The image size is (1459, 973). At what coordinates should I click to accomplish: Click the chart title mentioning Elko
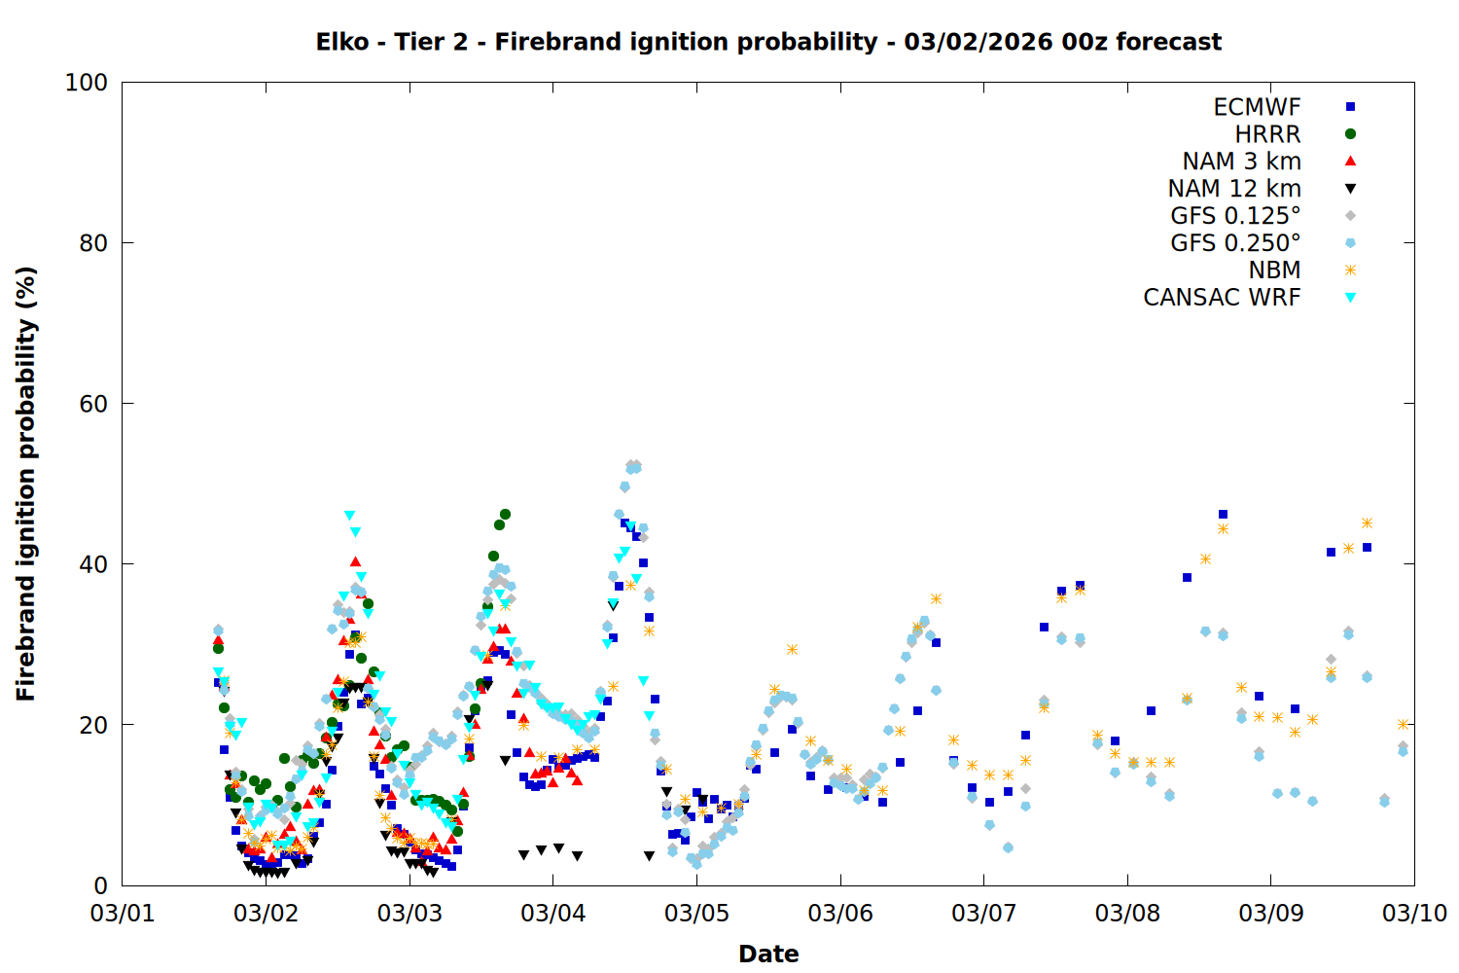click(768, 42)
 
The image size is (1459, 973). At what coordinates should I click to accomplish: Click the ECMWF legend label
click(1257, 107)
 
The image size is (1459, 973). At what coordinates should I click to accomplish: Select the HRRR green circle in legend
click(1350, 134)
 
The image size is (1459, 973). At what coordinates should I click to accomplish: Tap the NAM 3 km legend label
click(1241, 162)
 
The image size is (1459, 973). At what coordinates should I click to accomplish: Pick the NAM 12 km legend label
click(1234, 189)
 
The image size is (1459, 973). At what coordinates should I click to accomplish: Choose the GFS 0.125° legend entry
click(1235, 216)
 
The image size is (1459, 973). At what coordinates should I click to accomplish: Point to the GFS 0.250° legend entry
click(1235, 243)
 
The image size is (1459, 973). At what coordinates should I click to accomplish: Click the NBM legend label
click(1274, 270)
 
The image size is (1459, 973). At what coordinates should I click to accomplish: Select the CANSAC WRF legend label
click(1222, 298)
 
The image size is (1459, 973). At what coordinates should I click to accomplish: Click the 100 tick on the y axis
click(87, 83)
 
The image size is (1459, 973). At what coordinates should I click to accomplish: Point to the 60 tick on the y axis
click(93, 404)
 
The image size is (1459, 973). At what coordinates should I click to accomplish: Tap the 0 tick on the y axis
click(100, 885)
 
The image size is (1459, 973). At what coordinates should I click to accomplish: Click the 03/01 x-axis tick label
click(123, 914)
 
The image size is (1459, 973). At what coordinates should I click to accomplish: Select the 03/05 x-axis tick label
click(696, 914)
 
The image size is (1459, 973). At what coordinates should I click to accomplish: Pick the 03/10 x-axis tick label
click(1414, 914)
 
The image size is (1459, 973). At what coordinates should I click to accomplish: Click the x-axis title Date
click(768, 954)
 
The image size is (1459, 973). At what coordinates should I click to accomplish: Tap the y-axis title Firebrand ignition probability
click(26, 484)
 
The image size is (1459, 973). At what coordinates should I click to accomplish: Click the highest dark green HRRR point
click(505, 514)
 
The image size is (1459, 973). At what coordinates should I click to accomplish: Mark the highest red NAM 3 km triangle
click(356, 561)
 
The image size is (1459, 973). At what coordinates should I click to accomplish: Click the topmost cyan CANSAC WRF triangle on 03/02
click(349, 516)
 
